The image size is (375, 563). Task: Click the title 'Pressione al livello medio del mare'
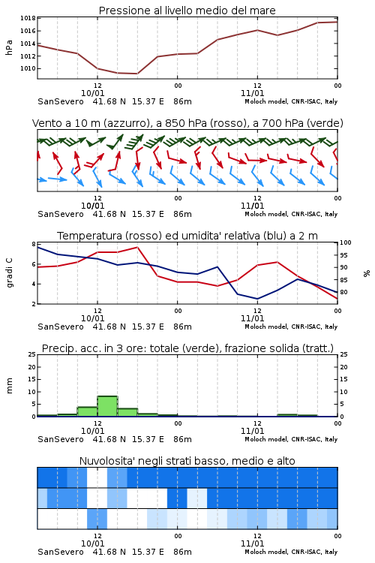187,11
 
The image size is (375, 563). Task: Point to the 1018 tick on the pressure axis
28,18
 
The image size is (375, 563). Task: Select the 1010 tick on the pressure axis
28,68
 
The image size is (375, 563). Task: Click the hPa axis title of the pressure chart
9,47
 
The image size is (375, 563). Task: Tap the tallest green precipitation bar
107,406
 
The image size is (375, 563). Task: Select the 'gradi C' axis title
9,272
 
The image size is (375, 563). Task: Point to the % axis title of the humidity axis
367,273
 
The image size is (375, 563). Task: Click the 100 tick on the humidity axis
345,242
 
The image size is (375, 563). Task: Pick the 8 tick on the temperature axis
34,244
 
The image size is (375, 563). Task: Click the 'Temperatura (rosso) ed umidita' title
187,236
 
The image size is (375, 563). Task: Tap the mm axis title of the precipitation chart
9,386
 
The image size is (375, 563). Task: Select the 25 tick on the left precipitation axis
32,355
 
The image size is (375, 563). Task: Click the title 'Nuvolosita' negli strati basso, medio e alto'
187,461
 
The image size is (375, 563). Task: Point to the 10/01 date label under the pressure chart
92,93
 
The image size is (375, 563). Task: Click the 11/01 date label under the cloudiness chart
252,543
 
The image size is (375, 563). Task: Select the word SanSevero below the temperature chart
61,327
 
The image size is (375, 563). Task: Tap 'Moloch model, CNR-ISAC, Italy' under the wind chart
291,215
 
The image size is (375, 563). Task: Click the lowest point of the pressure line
137,74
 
